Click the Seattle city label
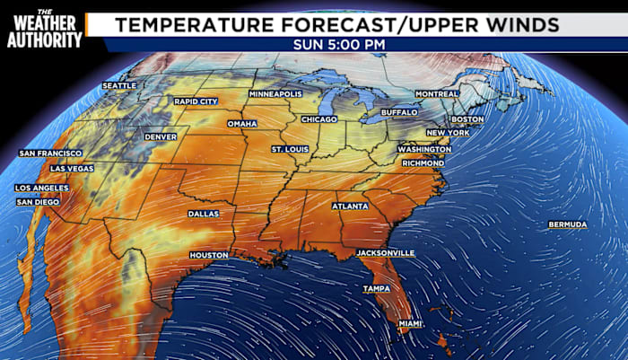[x=119, y=86]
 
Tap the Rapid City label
[x=196, y=101]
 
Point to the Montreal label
[x=437, y=94]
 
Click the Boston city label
[x=467, y=119]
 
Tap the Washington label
[x=423, y=149]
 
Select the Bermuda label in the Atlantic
[x=568, y=224]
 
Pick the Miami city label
[x=410, y=323]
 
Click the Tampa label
[x=375, y=289]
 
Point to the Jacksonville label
[x=386, y=253]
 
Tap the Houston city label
[x=208, y=256]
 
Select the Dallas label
[x=203, y=215]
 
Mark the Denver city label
[x=161, y=137]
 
